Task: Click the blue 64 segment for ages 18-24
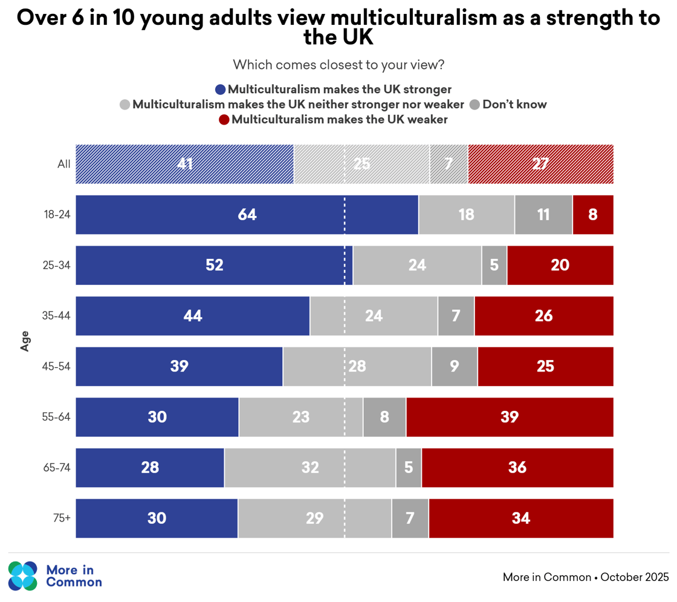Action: tap(247, 215)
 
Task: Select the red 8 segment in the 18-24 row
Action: tap(593, 215)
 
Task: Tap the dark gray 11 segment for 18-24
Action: tap(543, 215)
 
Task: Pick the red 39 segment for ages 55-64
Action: tap(510, 417)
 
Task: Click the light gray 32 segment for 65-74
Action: tap(310, 468)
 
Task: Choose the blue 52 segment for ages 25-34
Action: tap(214, 265)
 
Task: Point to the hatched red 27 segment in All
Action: tap(540, 164)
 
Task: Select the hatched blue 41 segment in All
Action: tap(184, 164)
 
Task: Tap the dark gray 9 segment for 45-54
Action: tap(454, 367)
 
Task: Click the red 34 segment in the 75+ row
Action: tap(521, 519)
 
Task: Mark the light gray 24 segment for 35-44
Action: tap(374, 316)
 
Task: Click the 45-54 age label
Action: tap(59, 367)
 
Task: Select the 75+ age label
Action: tap(62, 519)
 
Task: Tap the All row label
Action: tap(64, 164)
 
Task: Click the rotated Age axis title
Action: tap(25, 341)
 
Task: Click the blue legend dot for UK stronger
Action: tap(221, 90)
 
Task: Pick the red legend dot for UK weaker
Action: tap(224, 120)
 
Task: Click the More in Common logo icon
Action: tap(23, 576)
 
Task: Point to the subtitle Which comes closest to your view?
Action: tap(338, 64)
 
